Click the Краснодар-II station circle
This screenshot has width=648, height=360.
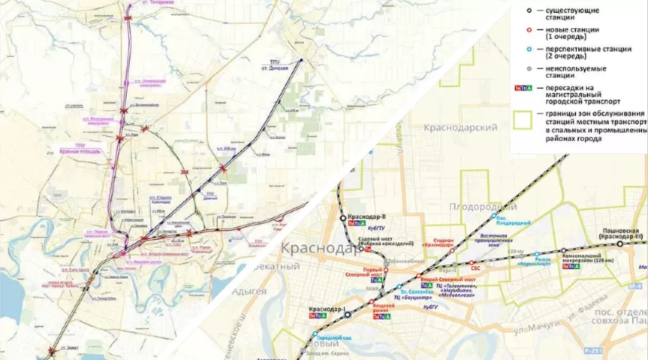coord(343,217)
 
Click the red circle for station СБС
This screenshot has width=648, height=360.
coord(472,263)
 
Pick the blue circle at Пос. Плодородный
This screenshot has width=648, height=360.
coord(493,216)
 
